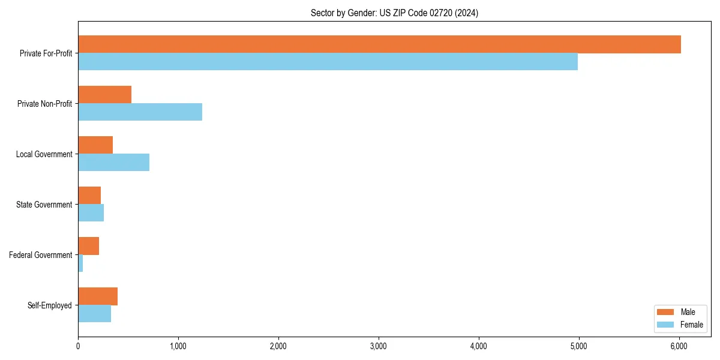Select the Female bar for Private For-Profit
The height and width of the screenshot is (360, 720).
(x=328, y=62)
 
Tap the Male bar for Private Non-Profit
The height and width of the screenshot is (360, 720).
(x=104, y=95)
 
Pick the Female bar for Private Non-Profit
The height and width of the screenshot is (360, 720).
(x=140, y=112)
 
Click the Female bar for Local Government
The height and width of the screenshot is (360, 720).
(x=113, y=163)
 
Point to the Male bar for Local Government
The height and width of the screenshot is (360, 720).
(x=95, y=145)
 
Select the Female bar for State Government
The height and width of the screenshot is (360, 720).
(x=91, y=213)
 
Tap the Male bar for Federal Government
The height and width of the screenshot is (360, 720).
(x=88, y=246)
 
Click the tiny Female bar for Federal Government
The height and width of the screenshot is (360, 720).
(x=80, y=263)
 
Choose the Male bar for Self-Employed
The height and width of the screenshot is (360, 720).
(x=98, y=296)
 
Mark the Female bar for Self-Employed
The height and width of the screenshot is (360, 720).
(x=94, y=314)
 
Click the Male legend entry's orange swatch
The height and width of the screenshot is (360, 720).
(x=665, y=312)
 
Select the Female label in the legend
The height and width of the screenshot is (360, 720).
(x=691, y=325)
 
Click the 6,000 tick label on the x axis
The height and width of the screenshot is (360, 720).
(x=679, y=346)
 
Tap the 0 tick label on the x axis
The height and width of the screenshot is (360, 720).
(x=78, y=346)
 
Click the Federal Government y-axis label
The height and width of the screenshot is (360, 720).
(x=41, y=255)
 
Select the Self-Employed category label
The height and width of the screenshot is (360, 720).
(x=50, y=305)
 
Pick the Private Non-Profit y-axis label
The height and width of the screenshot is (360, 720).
(x=44, y=104)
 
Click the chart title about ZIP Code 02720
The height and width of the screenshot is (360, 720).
(x=394, y=13)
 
